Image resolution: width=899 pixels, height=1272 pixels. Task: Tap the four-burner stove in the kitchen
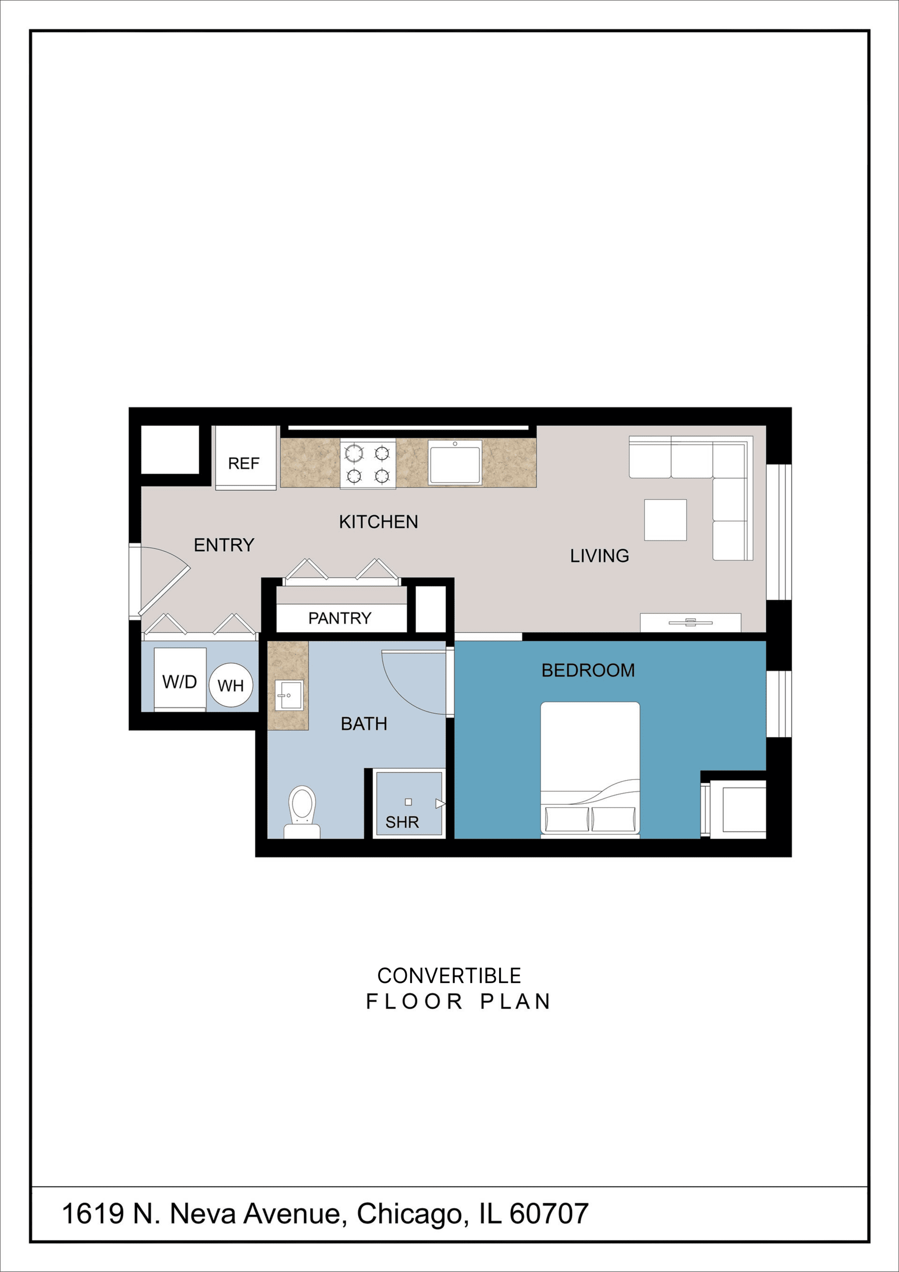[368, 464]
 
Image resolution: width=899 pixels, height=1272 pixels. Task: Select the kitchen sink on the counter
[454, 462]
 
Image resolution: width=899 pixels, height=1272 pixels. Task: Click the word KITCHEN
[378, 522]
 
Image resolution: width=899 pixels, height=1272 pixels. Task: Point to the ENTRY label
[224, 545]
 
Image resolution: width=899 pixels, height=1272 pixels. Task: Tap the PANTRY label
[339, 618]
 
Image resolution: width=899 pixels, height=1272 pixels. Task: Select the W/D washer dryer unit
[179, 681]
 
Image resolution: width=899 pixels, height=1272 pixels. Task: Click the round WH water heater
[231, 685]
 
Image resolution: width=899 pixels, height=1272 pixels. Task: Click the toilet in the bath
[302, 811]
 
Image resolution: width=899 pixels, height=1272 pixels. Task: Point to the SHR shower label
[402, 822]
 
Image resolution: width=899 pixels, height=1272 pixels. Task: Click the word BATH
[363, 724]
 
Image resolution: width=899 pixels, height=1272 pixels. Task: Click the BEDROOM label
[588, 670]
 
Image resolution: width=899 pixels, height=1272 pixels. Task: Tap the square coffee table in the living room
[665, 520]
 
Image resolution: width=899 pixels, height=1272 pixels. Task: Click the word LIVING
[599, 555]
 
